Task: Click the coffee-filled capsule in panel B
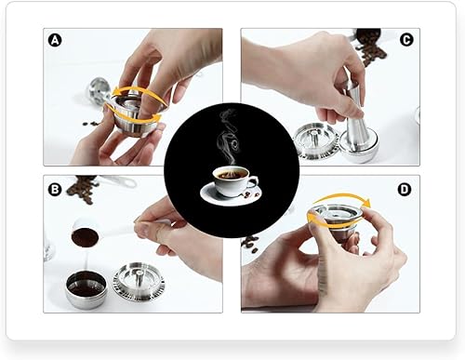pyautogui.click(x=86, y=288)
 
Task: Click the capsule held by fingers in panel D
pyautogui.click(x=335, y=219)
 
